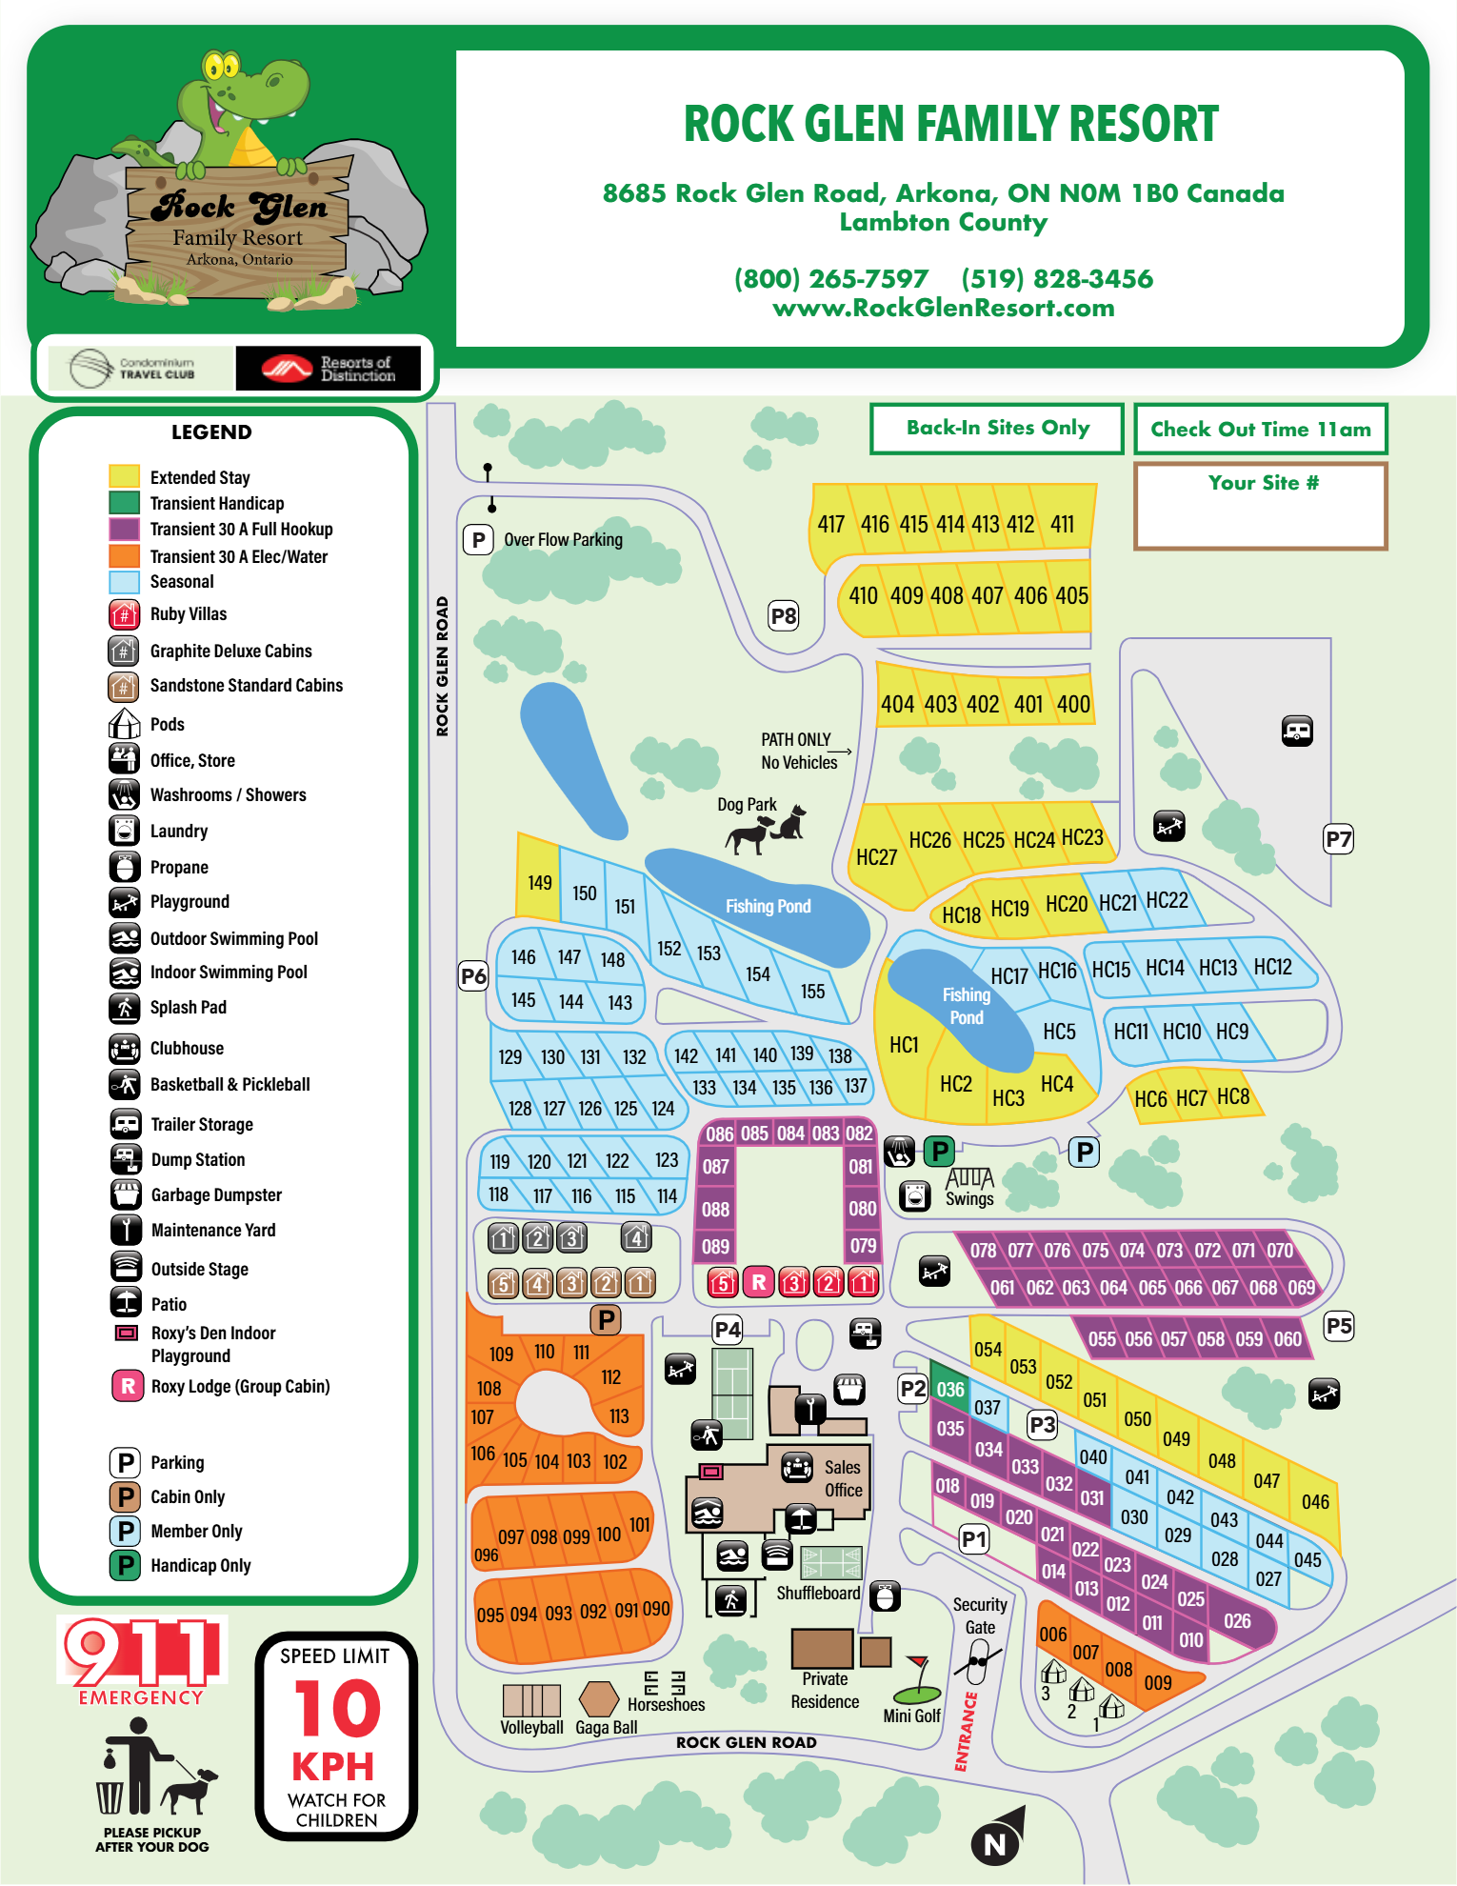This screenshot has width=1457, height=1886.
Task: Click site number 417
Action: pos(830,524)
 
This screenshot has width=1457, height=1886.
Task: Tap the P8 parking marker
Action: pos(783,616)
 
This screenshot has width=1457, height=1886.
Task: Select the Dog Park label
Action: pos(747,805)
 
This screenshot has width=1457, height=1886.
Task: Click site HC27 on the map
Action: pos(876,857)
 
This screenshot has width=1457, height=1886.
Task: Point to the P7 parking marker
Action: pos(1338,839)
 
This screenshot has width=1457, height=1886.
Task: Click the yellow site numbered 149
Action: pos(539,883)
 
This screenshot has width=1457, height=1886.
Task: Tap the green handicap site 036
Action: pos(949,1389)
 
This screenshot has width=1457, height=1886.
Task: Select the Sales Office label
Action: pos(843,1478)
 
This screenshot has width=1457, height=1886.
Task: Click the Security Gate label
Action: pos(980,1615)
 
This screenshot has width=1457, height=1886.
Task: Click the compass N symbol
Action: pos(995,1844)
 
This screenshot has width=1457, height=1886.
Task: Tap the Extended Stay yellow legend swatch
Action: pos(125,476)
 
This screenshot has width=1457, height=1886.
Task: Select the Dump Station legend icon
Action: pos(126,1159)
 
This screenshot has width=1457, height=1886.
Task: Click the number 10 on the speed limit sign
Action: pos(336,1709)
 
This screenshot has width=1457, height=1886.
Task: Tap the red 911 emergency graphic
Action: pos(141,1653)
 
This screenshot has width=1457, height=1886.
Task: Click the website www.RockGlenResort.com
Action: pos(943,308)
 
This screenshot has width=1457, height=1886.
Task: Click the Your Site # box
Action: pos(1261,507)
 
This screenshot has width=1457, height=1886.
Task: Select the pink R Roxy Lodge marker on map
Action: pos(758,1282)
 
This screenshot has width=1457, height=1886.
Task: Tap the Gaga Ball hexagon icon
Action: pos(599,1698)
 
